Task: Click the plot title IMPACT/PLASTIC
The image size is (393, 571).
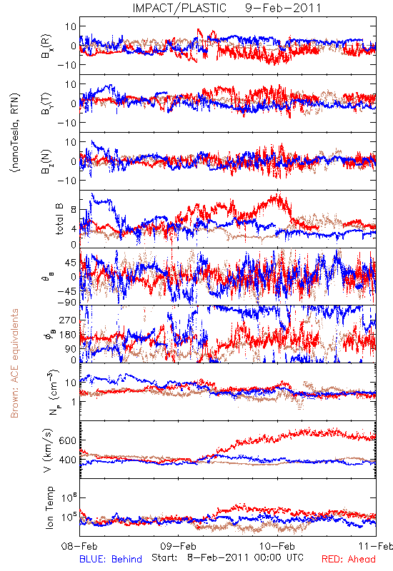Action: (x=179, y=8)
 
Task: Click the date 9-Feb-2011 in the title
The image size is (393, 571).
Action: (x=283, y=8)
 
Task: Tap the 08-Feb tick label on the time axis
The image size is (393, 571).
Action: (x=79, y=546)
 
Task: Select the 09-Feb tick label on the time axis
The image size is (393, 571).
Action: (x=178, y=546)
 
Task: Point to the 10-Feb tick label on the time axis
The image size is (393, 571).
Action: (x=277, y=546)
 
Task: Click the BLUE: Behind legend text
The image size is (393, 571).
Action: (x=111, y=559)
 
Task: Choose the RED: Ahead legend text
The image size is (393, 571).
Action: (x=349, y=559)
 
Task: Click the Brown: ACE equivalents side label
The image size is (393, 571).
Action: (x=14, y=363)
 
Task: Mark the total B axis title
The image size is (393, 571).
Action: (x=59, y=219)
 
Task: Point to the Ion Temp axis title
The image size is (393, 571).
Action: (x=50, y=507)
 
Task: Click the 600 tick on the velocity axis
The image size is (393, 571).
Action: (x=67, y=440)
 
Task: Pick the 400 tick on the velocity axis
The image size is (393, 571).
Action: (x=67, y=460)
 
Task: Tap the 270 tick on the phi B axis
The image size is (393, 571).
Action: (x=68, y=320)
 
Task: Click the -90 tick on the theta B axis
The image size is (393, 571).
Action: (x=66, y=302)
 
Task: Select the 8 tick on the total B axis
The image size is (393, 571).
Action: (x=74, y=210)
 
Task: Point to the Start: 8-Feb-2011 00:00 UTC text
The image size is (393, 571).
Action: (x=227, y=557)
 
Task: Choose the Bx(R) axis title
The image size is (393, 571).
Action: (x=46, y=46)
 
